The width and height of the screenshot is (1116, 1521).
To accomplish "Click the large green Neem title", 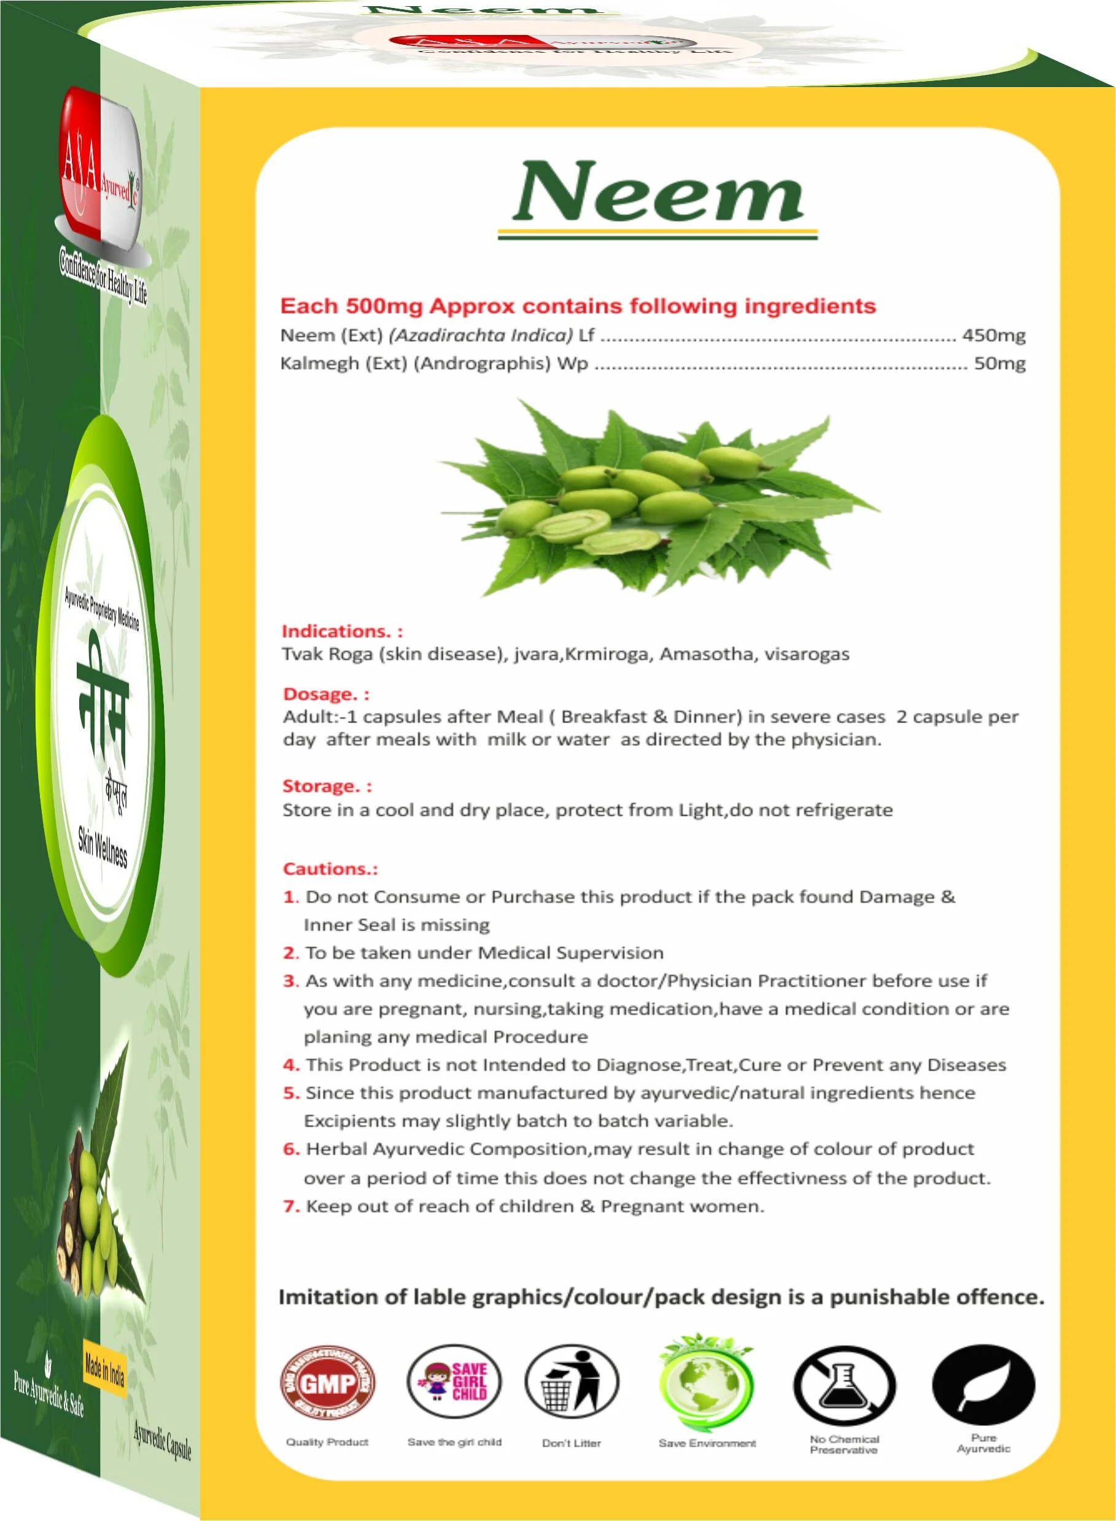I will tap(657, 193).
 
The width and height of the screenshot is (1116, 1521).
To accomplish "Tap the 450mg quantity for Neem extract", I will tap(993, 335).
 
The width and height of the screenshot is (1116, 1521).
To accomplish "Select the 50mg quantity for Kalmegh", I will tap(999, 363).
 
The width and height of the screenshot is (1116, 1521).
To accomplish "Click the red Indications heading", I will tap(342, 631).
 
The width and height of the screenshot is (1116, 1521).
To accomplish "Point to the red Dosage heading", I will tap(325, 694).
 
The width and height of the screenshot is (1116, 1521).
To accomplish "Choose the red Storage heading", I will tap(327, 786).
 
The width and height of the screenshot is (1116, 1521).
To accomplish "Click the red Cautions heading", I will tap(330, 869).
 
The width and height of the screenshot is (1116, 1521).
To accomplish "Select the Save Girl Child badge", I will tap(455, 1382).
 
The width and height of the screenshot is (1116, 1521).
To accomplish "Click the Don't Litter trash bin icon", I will tap(572, 1382).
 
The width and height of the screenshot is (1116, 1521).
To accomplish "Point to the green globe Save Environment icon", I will tap(707, 1382).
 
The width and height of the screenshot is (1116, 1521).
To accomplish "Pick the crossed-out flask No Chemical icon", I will tap(844, 1385).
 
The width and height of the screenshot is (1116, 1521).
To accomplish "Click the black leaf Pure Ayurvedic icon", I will tap(983, 1385).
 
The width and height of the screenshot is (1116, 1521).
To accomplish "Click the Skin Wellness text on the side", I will tap(102, 846).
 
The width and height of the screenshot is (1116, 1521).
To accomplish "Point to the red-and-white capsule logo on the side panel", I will tap(100, 172).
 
